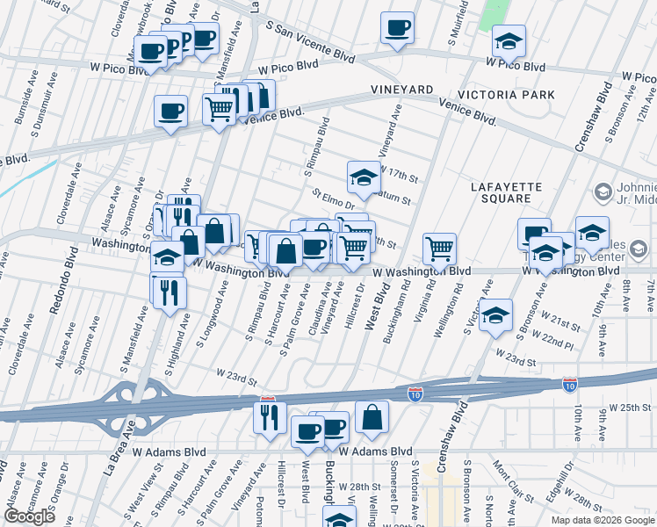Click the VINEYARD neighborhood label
click(402, 90)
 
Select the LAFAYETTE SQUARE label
click(507, 194)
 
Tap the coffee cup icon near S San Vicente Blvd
click(397, 28)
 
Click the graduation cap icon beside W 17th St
click(362, 177)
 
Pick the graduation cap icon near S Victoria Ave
click(496, 314)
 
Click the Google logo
click(29, 516)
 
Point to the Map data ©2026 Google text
click(603, 520)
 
